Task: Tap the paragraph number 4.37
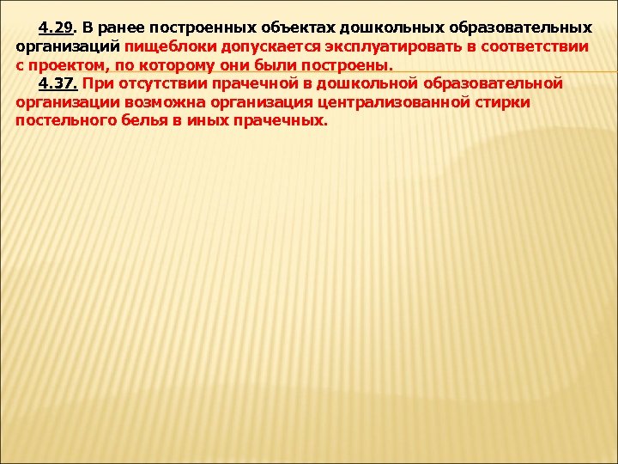click(58, 83)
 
